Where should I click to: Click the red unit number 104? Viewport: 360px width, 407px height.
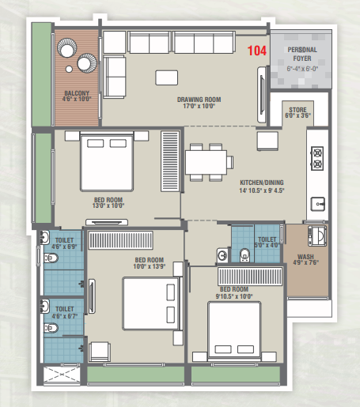pos(256,51)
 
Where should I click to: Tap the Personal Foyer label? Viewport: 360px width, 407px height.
pos(302,54)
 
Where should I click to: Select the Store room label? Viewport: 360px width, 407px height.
pos(297,110)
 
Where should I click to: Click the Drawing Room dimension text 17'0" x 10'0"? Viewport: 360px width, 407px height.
pos(199,106)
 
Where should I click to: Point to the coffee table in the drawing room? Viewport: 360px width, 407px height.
pos(166,77)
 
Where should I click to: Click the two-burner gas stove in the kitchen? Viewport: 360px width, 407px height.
pos(317,159)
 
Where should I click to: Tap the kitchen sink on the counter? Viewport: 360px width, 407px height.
pos(317,204)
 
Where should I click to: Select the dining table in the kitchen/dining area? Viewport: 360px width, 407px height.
pos(206,162)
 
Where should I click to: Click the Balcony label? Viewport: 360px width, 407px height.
pos(77,93)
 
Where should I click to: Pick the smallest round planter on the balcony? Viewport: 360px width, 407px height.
pos(69,69)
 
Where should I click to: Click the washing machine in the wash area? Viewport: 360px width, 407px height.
pos(317,236)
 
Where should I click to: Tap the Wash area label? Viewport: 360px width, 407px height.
pos(305,256)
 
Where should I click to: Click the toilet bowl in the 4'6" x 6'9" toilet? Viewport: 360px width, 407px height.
pos(51,258)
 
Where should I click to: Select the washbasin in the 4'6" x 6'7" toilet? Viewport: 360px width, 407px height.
pos(44,306)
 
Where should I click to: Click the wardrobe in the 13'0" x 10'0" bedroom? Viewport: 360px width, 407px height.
pos(170,161)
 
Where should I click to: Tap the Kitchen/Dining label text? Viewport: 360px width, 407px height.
pos(262,183)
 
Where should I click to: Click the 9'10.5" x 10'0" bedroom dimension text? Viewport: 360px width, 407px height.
pos(234,296)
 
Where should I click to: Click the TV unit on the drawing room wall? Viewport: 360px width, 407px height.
pos(262,95)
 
